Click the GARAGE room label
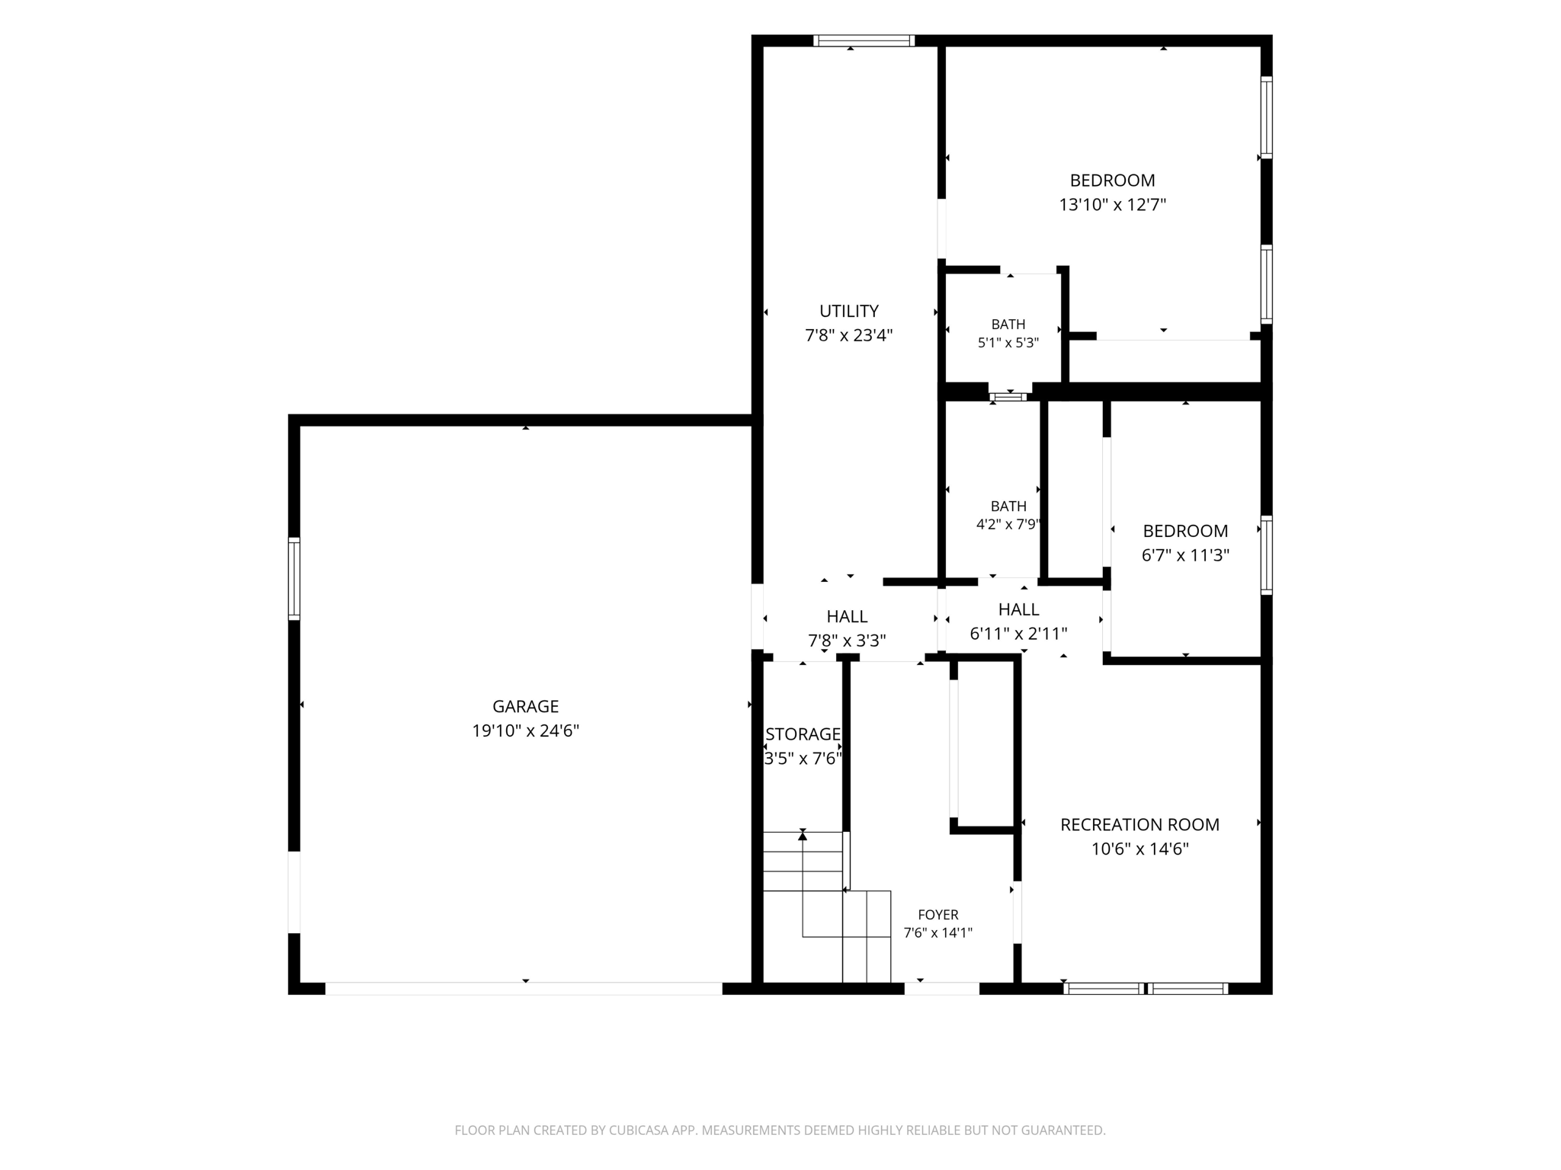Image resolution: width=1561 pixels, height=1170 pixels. pyautogui.click(x=525, y=706)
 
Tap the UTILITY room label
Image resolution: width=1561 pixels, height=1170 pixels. pyautogui.click(x=849, y=311)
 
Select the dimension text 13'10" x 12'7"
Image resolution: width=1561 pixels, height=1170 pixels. pyautogui.click(x=1113, y=205)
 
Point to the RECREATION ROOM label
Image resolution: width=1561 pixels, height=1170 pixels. pyautogui.click(x=1139, y=824)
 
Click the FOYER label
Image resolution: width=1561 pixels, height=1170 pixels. pyautogui.click(x=938, y=915)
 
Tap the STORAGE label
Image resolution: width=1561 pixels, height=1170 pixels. pyautogui.click(x=803, y=734)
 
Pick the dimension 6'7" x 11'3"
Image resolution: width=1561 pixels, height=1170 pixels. pyautogui.click(x=1185, y=555)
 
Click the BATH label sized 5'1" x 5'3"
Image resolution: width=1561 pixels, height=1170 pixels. pyautogui.click(x=1008, y=324)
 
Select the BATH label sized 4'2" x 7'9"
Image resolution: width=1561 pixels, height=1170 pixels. pyautogui.click(x=1008, y=506)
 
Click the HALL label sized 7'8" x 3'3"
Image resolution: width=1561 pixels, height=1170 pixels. pyautogui.click(x=847, y=616)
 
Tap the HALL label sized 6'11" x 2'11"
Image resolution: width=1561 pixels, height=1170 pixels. pyautogui.click(x=1018, y=609)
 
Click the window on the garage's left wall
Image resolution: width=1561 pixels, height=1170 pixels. pyautogui.click(x=293, y=578)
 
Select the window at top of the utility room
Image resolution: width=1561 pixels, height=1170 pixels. pyautogui.click(x=864, y=40)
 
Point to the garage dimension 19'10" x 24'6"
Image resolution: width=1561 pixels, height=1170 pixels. pyautogui.click(x=525, y=731)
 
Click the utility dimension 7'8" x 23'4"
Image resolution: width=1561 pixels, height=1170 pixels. pyautogui.click(x=849, y=335)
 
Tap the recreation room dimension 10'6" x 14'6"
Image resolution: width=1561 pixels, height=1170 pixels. pyautogui.click(x=1139, y=849)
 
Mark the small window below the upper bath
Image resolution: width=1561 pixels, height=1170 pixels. pyautogui.click(x=1008, y=397)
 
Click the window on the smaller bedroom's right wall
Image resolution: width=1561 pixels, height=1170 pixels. pyautogui.click(x=1266, y=555)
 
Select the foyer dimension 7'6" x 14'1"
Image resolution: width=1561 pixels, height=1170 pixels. pyautogui.click(x=938, y=932)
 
